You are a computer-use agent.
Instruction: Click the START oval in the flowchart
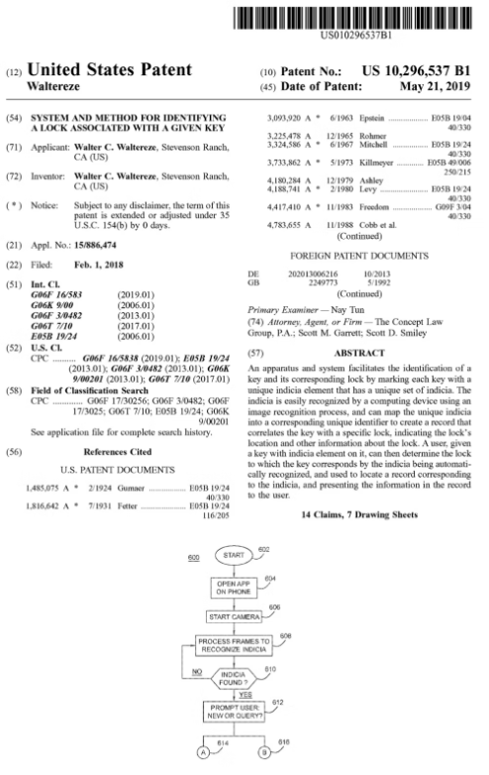coord(234,558)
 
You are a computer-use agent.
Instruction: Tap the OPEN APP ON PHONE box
coord(234,588)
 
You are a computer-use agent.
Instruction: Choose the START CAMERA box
coord(234,616)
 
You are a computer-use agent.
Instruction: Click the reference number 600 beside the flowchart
coord(193,558)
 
